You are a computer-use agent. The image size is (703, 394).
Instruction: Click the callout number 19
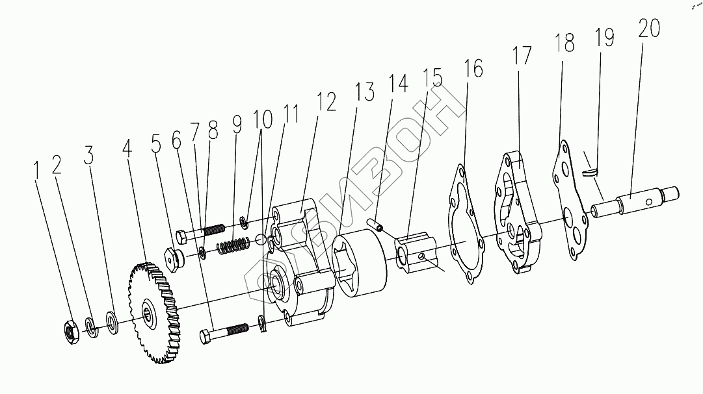click(604, 37)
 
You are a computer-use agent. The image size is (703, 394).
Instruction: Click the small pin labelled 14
click(377, 225)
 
